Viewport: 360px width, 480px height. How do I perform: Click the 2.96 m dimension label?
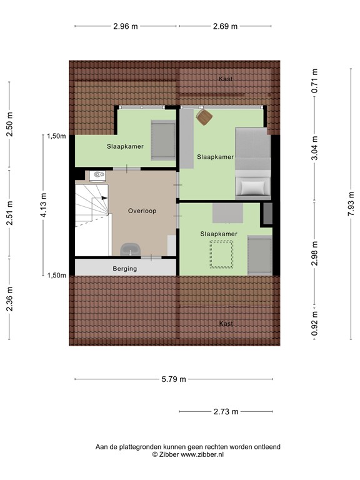coord(126,26)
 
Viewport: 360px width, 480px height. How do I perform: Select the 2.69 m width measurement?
coord(225,26)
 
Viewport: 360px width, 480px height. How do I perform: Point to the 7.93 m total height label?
coord(351,204)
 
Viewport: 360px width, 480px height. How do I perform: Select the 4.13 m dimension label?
coord(43,204)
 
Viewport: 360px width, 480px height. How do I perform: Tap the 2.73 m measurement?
coord(226,411)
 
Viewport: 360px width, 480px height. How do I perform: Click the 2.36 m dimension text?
coord(10,302)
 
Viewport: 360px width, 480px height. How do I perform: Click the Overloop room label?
coord(142,211)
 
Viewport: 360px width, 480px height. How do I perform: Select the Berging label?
coord(124,269)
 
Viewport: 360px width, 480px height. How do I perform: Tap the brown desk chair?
coord(204,116)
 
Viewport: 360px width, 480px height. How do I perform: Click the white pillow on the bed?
coord(252,187)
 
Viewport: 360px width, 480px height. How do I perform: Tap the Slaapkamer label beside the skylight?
coord(219,234)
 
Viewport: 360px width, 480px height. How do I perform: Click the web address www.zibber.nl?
coord(202,454)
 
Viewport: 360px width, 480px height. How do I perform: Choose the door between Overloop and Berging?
coord(151,257)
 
